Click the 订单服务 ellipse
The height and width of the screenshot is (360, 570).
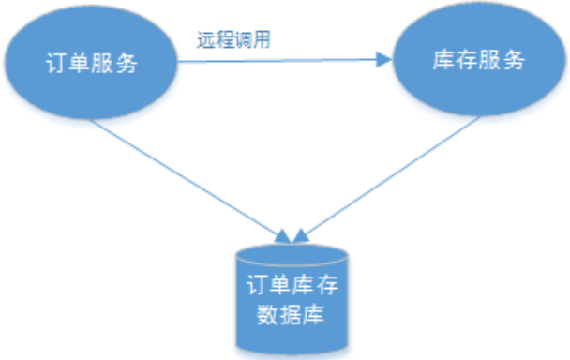point(92,63)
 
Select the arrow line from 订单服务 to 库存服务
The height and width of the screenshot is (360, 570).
point(281,62)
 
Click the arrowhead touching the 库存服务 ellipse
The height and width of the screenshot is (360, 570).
point(382,61)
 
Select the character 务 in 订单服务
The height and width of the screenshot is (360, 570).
point(127,64)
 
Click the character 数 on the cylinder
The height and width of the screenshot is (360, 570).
point(266,313)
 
